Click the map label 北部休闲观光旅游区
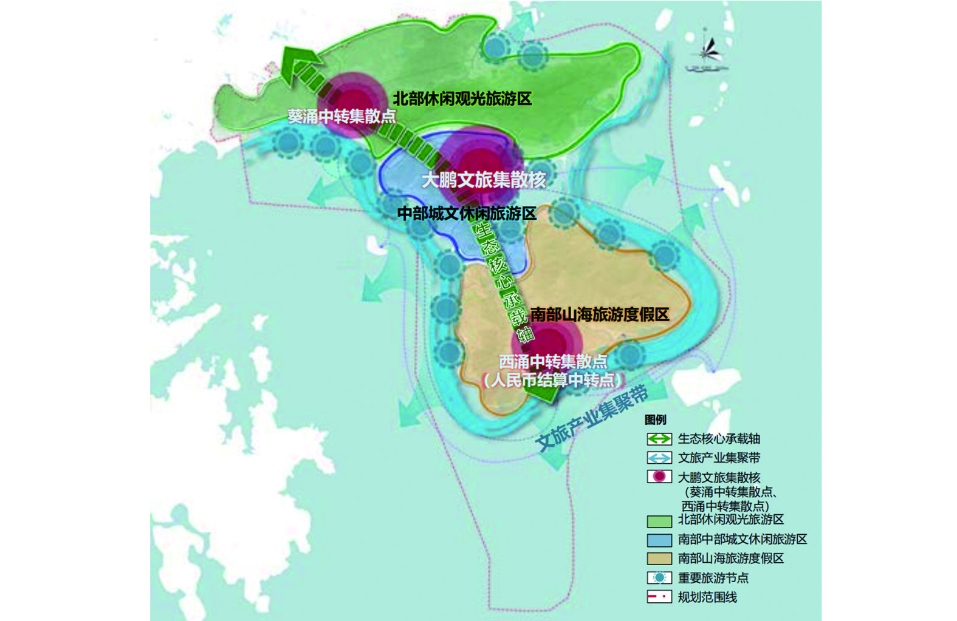click(462, 98)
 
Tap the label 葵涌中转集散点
click(341, 116)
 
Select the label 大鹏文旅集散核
click(484, 180)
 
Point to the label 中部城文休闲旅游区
click(467, 214)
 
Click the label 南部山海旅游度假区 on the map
click(600, 314)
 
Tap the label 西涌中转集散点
click(553, 362)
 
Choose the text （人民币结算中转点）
click(553, 381)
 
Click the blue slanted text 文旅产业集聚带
click(593, 418)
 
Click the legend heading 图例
click(656, 420)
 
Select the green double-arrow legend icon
click(659, 439)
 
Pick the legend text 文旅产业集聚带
click(719, 458)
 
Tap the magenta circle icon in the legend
click(659, 477)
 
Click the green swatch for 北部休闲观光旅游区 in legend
click(659, 521)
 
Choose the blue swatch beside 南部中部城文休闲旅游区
click(659, 540)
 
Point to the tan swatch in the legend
click(659, 558)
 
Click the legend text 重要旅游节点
click(713, 578)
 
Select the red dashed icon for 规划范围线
click(659, 597)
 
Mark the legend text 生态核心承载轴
click(719, 439)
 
